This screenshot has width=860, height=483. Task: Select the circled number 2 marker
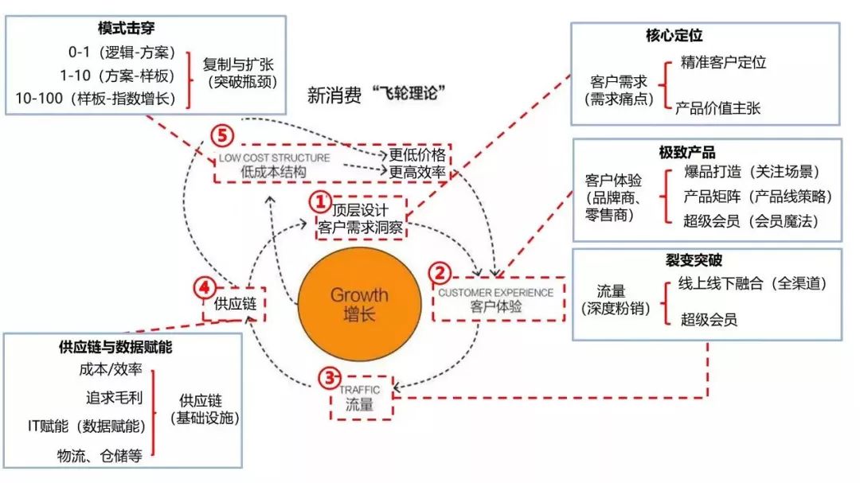point(440,273)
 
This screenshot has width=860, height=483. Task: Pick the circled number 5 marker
point(222,135)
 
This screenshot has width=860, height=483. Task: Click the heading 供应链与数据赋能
point(115,347)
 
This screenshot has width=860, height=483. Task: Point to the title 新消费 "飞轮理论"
point(375,95)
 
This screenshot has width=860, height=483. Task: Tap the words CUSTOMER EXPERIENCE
point(496,292)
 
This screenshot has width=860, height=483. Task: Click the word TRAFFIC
point(360,390)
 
